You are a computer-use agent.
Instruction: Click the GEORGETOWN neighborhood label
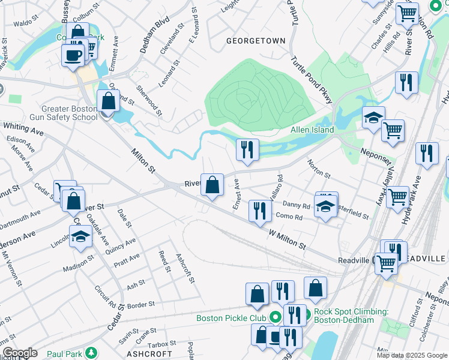pyautogui.click(x=255, y=41)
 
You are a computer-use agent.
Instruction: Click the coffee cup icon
pyautogui.click(x=73, y=55)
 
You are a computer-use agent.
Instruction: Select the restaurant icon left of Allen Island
pyautogui.click(x=247, y=150)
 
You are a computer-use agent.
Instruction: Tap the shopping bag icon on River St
pyautogui.click(x=212, y=185)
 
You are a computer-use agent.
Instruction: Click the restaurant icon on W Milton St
pyautogui.click(x=259, y=211)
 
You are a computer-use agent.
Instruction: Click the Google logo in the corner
pyautogui.click(x=20, y=353)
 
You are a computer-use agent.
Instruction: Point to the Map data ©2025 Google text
pyautogui.click(x=411, y=355)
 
